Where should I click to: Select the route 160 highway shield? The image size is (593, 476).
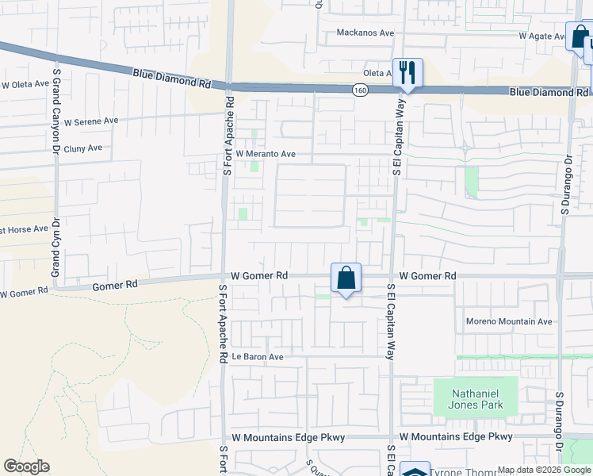coord(361,90)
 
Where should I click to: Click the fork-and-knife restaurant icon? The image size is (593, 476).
coord(407,72)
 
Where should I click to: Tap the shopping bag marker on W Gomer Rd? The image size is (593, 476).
coord(346,278)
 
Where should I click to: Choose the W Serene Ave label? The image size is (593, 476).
coord(90,121)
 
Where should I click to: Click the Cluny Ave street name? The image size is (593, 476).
coord(83,148)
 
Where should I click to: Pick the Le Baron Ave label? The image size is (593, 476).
coord(257,357)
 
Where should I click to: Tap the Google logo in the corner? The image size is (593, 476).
coord(26,466)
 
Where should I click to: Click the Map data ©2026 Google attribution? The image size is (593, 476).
coord(545,470)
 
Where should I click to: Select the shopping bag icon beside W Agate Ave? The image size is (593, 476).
coord(578,36)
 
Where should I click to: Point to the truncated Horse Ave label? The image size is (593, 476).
coord(25,229)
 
